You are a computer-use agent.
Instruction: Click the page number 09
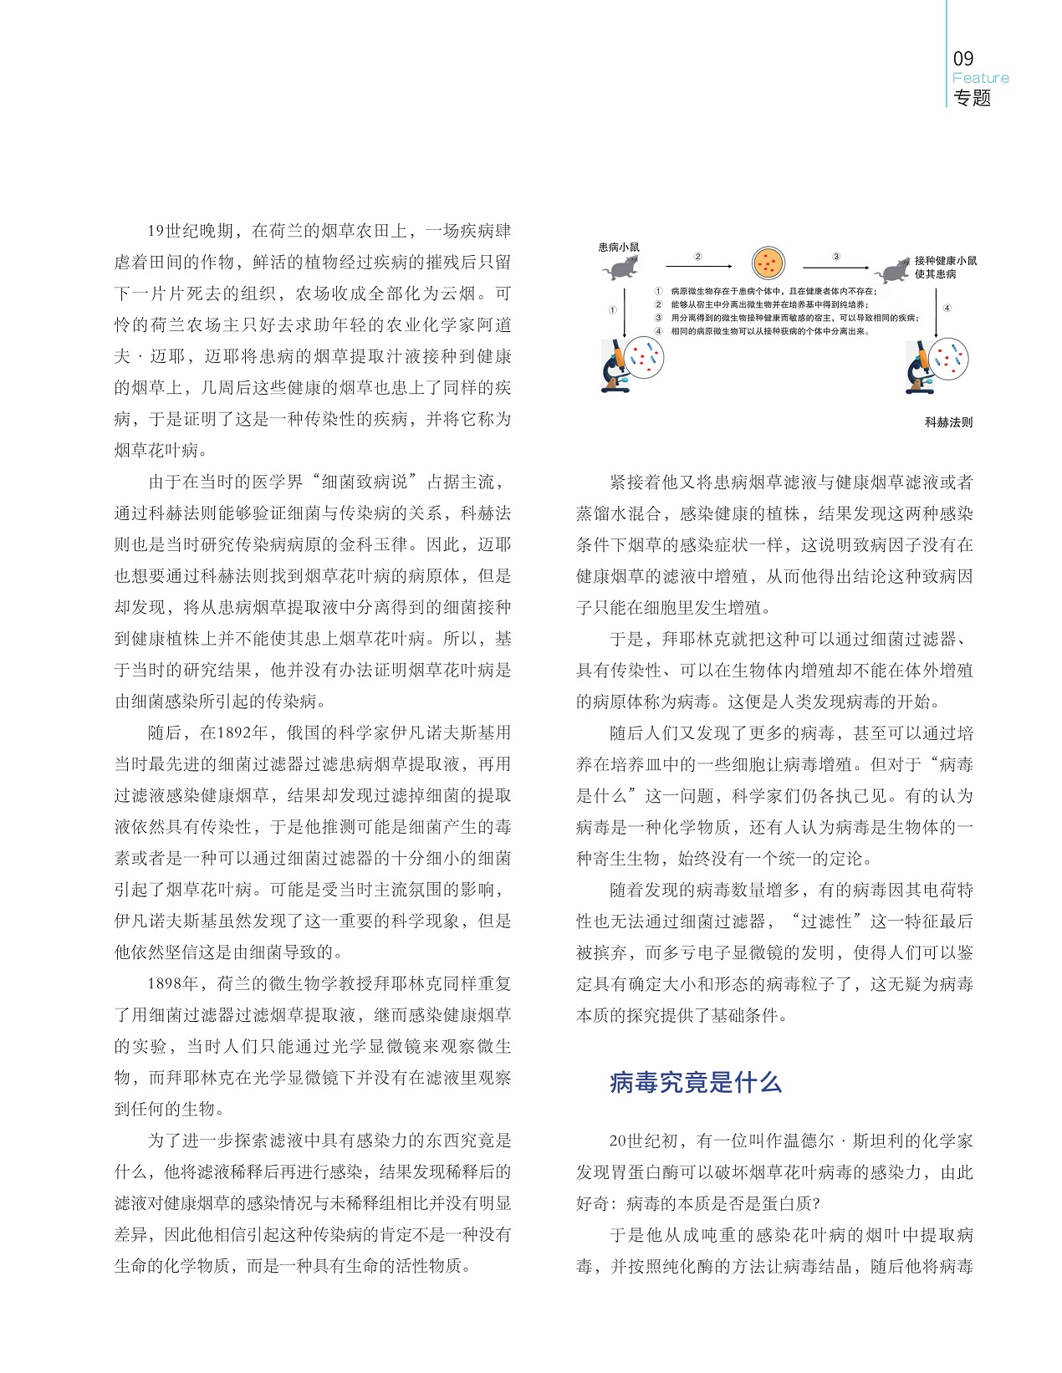[963, 59]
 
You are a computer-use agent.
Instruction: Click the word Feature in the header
[980, 78]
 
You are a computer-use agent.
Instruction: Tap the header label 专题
[972, 98]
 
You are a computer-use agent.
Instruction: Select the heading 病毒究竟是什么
[696, 1083]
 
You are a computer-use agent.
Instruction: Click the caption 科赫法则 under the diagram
[948, 422]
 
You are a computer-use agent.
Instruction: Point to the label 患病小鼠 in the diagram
[619, 247]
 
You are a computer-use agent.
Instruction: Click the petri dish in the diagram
[768, 264]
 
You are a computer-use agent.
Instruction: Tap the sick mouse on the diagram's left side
[624, 268]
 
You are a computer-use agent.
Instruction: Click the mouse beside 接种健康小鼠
[893, 269]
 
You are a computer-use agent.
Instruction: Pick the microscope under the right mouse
[919, 368]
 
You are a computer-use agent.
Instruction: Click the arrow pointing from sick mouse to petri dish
[697, 267]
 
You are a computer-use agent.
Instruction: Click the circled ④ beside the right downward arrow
[947, 308]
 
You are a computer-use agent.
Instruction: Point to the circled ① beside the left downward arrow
[612, 309]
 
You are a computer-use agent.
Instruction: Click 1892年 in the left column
[243, 733]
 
